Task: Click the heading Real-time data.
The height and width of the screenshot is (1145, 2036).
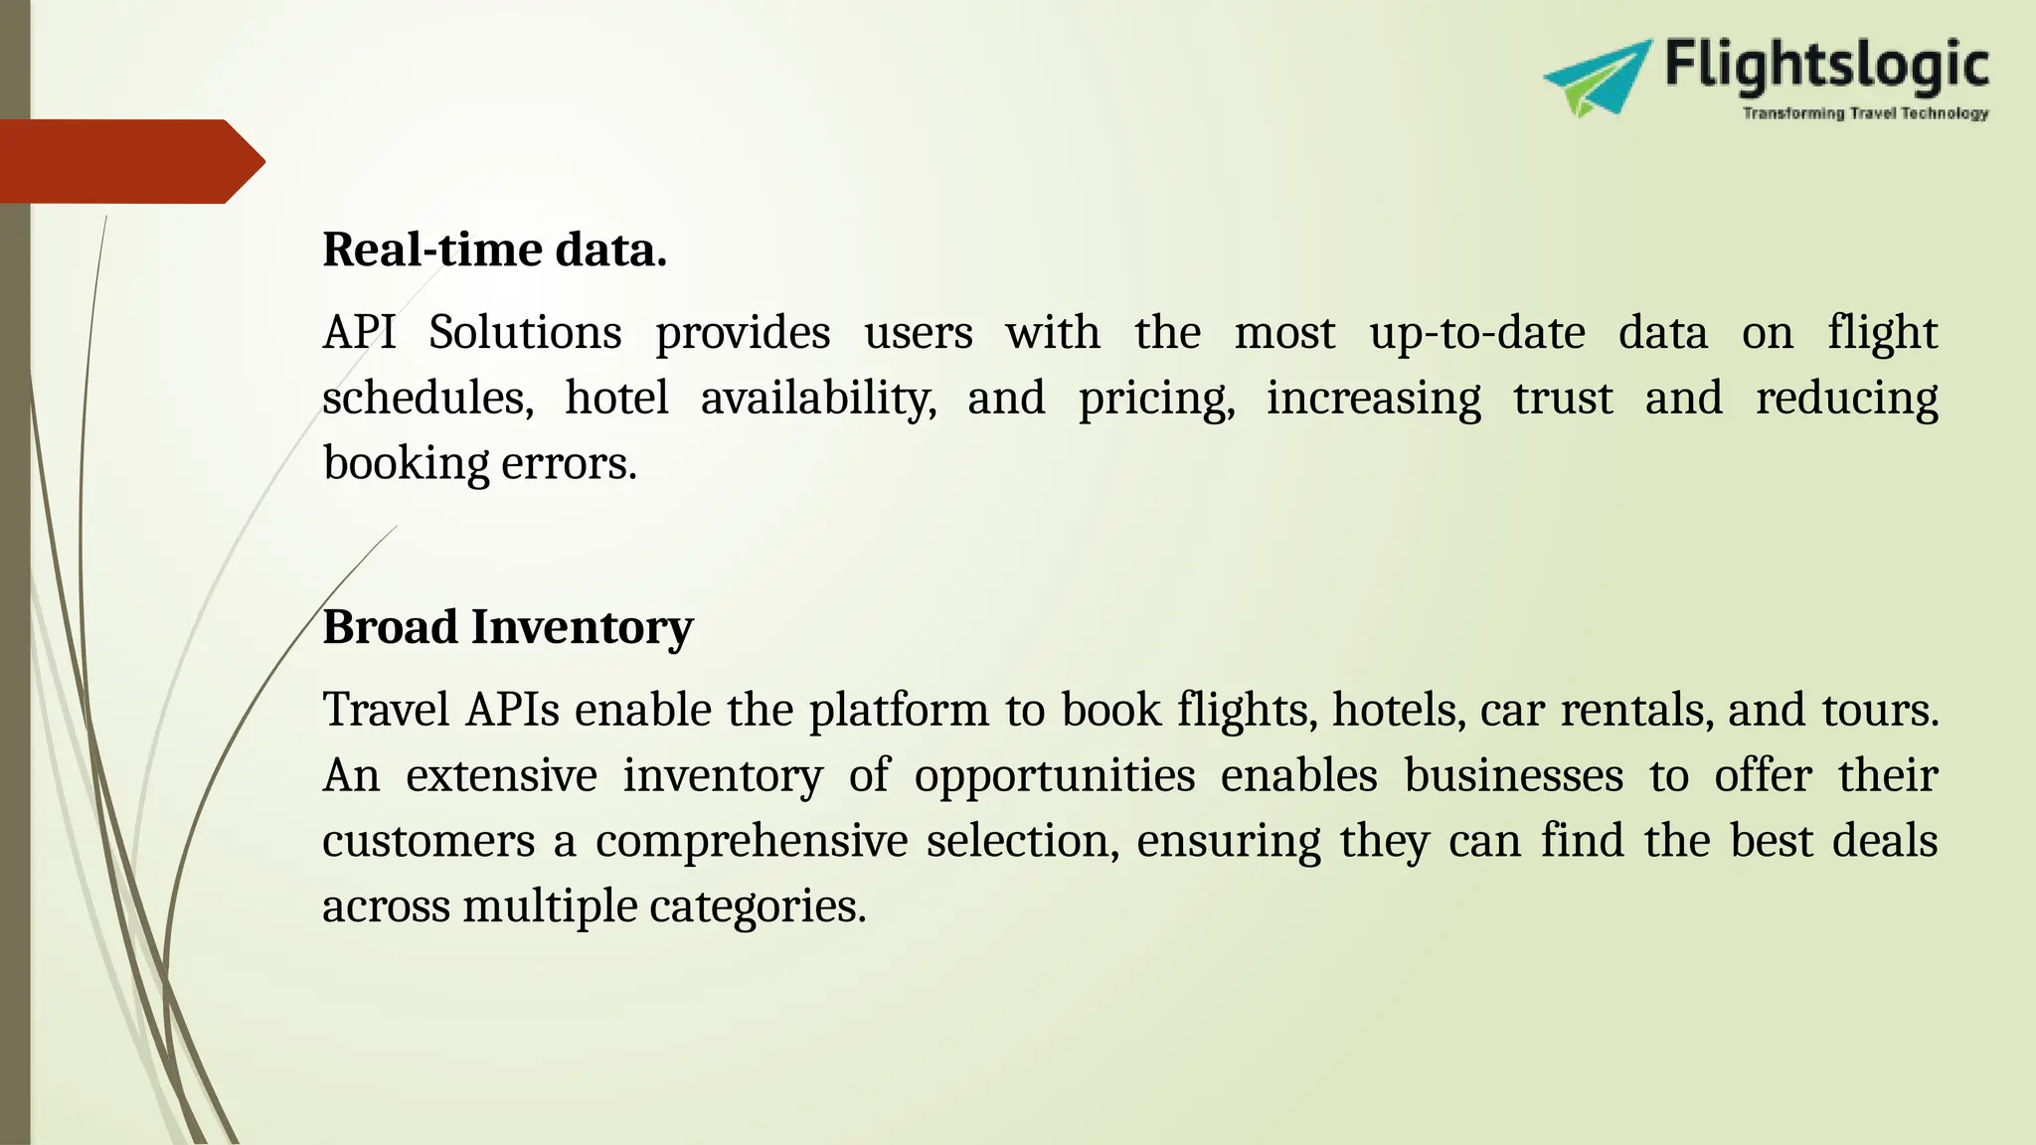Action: point(494,249)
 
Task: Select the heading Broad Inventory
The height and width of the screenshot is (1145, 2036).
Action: point(507,627)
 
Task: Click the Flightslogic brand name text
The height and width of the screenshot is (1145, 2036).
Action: point(1825,66)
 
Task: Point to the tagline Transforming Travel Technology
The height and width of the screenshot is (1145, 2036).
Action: point(1865,113)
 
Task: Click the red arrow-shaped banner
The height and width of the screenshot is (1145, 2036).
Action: point(129,161)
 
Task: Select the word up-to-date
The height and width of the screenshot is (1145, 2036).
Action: point(1476,333)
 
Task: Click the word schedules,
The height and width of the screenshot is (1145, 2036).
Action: point(427,399)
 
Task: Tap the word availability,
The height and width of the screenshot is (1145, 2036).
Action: point(818,399)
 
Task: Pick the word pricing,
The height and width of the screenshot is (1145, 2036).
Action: point(1156,399)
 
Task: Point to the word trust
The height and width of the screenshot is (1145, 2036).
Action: point(1563,399)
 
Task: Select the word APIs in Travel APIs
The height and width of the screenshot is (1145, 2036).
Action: point(512,711)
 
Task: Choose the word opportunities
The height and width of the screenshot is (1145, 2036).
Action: point(1054,776)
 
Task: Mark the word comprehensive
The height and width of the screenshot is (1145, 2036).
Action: point(752,842)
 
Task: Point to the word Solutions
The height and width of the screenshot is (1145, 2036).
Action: point(525,333)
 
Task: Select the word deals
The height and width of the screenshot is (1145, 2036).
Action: point(1884,842)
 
